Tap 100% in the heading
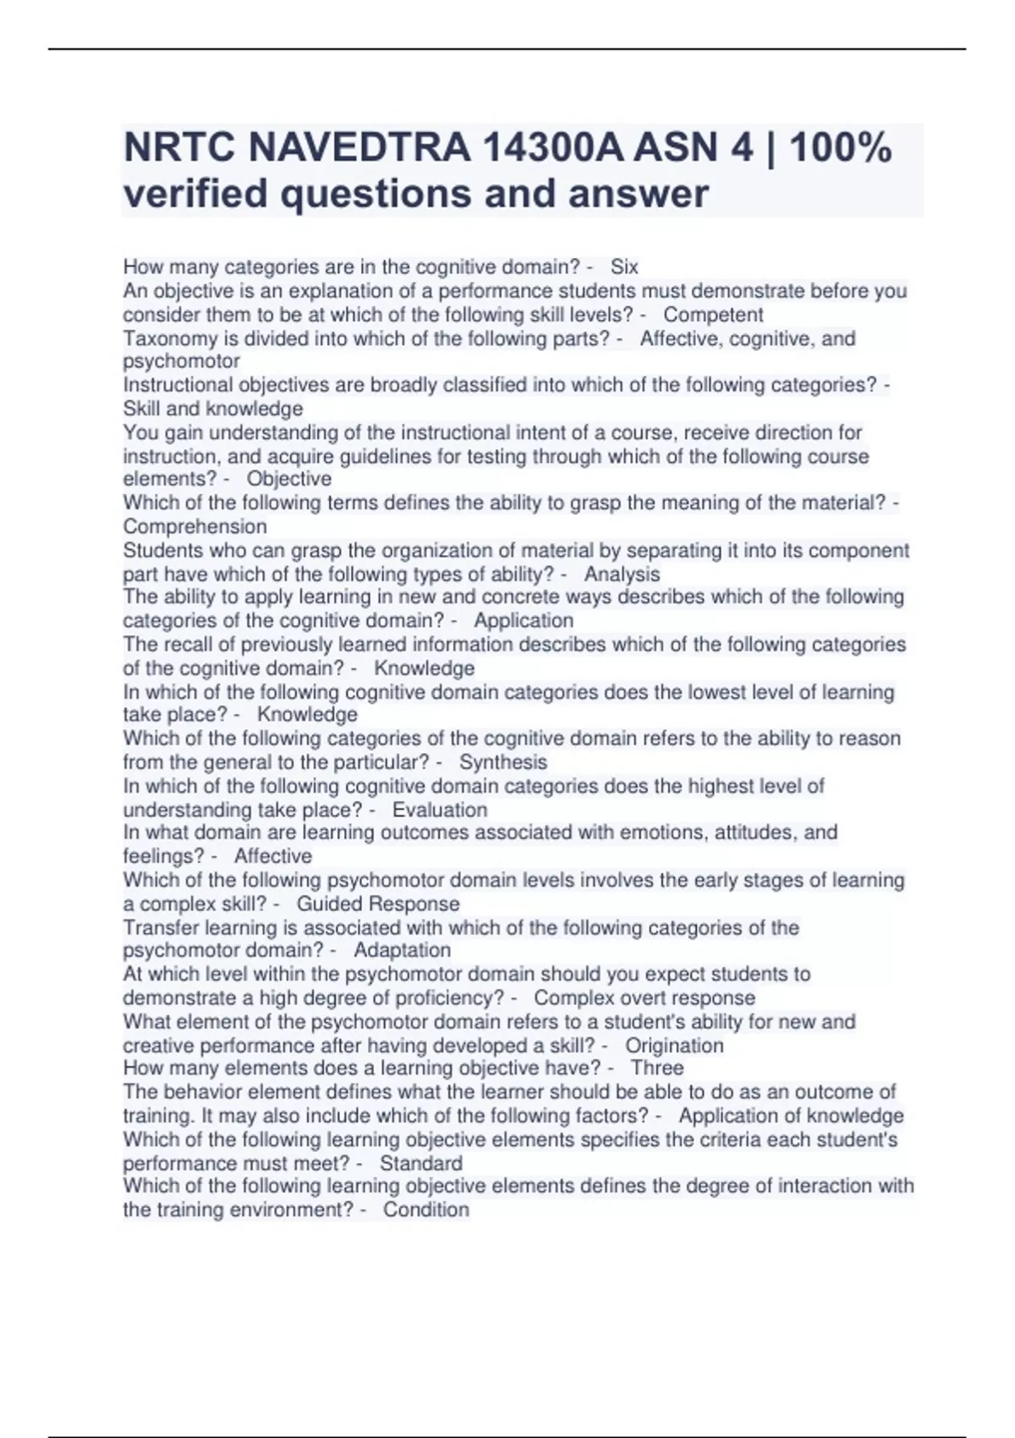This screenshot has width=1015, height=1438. (x=840, y=148)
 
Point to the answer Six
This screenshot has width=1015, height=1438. (x=624, y=267)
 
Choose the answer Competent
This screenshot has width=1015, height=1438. (x=713, y=315)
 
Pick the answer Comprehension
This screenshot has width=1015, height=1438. (x=195, y=526)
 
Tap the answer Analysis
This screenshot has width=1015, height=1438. (x=622, y=574)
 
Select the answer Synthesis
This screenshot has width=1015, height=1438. (x=503, y=762)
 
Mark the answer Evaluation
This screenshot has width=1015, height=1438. (x=440, y=810)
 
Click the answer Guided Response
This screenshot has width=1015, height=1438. (x=378, y=903)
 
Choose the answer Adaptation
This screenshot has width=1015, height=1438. (x=402, y=950)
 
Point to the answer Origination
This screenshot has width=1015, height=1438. (x=674, y=1046)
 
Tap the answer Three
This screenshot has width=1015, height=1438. (x=657, y=1068)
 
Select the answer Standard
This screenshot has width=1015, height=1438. (x=421, y=1163)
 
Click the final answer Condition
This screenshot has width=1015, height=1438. (x=426, y=1210)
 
